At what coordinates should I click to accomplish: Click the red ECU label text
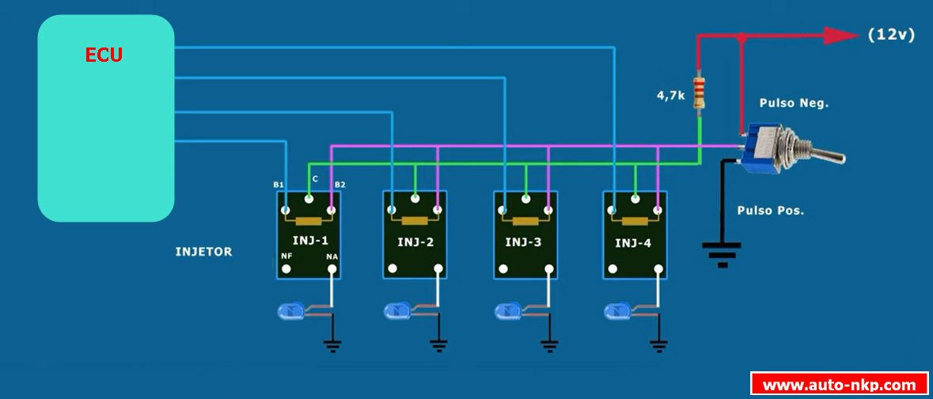pyautogui.click(x=104, y=55)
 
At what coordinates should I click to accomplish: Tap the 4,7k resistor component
pyautogui.click(x=699, y=93)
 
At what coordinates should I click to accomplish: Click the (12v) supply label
pyautogui.click(x=891, y=35)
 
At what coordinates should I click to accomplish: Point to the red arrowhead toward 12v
pyautogui.click(x=840, y=35)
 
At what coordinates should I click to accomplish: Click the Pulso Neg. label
pyautogui.click(x=794, y=103)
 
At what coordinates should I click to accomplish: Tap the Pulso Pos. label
pyautogui.click(x=771, y=211)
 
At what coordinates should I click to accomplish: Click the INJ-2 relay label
pyautogui.click(x=415, y=242)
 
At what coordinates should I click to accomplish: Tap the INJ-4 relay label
pyautogui.click(x=634, y=242)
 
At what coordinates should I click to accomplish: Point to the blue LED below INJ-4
pyautogui.click(x=617, y=311)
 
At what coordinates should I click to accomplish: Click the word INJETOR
pyautogui.click(x=203, y=252)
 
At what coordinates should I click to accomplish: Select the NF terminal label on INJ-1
pyautogui.click(x=286, y=256)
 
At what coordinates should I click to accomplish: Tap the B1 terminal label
pyautogui.click(x=279, y=184)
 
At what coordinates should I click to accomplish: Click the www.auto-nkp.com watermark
pyautogui.click(x=839, y=385)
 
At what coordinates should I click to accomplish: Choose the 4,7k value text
pyautogui.click(x=670, y=97)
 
